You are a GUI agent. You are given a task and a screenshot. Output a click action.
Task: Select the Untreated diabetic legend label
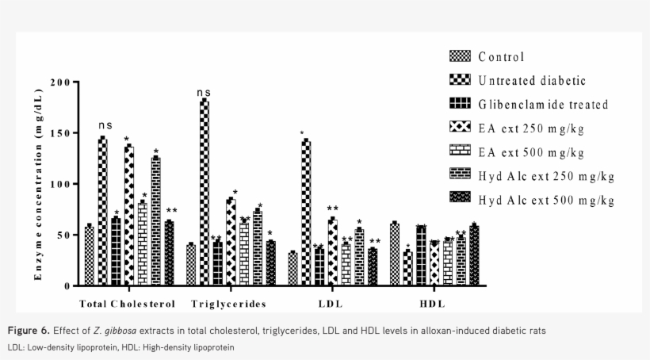coord(532,80)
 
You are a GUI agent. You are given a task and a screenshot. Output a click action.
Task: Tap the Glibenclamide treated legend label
coord(543,104)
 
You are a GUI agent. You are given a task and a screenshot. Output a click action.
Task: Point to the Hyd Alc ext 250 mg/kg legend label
coord(546,176)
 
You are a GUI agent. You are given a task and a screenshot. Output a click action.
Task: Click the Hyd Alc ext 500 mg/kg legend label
coord(546,200)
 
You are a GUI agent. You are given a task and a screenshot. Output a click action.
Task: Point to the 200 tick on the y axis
coord(60,82)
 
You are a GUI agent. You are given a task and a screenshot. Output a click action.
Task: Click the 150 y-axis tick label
coord(60,133)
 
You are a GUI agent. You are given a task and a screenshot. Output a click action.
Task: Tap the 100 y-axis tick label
coord(60,184)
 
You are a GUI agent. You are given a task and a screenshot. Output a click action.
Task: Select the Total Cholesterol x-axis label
coord(127,304)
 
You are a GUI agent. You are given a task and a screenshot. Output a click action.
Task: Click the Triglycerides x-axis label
coord(228,304)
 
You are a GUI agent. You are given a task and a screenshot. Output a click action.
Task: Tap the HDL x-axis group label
coord(432,304)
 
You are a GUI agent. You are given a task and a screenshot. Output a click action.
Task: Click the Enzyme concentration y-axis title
coord(37,184)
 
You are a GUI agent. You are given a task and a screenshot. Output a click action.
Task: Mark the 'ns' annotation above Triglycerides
coord(205,94)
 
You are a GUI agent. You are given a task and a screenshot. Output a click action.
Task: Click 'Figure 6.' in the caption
coord(29,330)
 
